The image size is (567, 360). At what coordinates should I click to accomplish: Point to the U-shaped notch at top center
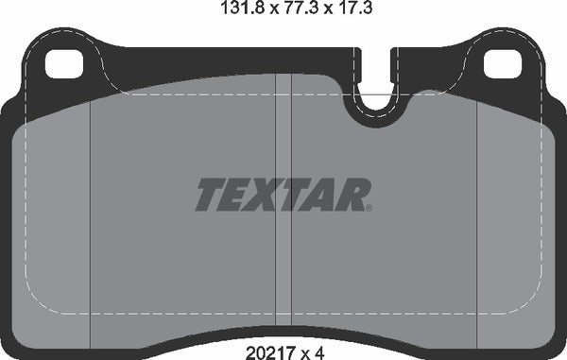pos(378,107)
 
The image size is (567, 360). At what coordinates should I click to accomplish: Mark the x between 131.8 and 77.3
pos(253,12)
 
